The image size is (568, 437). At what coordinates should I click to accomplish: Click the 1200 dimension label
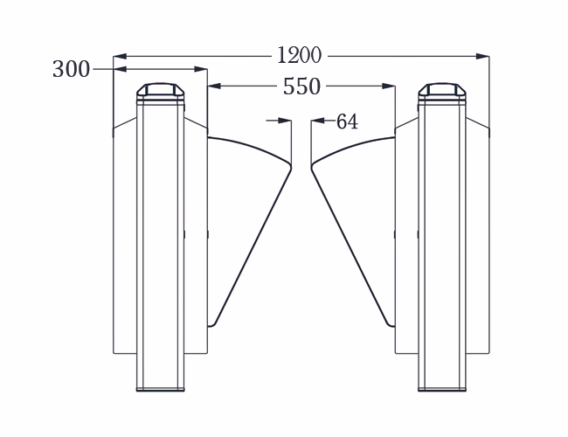299,55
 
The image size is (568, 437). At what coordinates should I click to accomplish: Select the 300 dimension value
71,69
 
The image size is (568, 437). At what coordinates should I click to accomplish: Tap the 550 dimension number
301,87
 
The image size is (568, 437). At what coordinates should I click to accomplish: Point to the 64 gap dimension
347,121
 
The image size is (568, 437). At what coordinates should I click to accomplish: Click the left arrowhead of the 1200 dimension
120,56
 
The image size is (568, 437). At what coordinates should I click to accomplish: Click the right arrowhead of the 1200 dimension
482,56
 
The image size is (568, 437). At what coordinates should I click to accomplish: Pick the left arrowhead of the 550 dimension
214,87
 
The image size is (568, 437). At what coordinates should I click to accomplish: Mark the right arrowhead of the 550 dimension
388,87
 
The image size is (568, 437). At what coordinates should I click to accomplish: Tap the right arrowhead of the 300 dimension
201,69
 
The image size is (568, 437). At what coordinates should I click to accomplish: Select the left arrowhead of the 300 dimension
120,69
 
